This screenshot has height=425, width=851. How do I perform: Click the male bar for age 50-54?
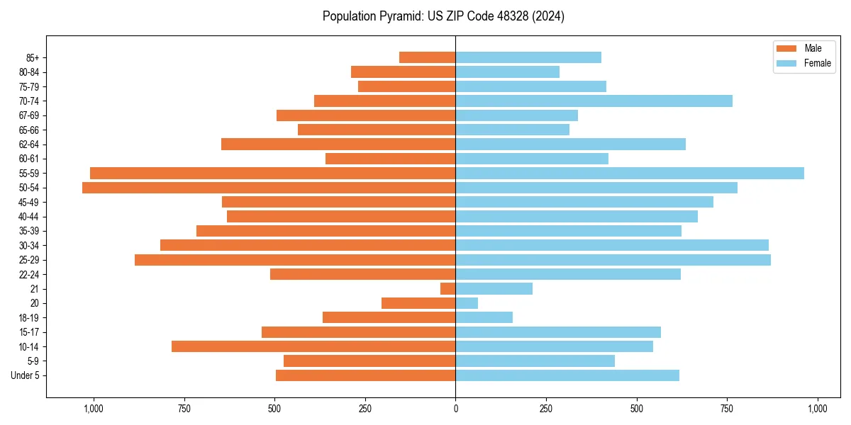click(269, 188)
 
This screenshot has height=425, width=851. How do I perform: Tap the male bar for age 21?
click(448, 289)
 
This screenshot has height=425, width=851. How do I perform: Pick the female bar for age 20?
click(467, 303)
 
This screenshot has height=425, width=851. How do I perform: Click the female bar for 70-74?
click(594, 101)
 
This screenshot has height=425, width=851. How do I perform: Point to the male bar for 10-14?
click(313, 346)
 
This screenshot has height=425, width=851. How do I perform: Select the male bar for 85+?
click(428, 57)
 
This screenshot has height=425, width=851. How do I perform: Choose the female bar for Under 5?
click(567, 375)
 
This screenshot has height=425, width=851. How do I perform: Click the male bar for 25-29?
click(295, 260)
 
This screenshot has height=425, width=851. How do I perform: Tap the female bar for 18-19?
click(484, 317)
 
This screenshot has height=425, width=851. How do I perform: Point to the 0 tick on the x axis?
click(455, 409)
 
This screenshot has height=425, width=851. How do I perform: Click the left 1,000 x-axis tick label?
click(93, 409)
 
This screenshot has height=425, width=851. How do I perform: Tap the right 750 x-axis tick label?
click(727, 409)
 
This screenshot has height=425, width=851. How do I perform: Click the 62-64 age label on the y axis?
click(29, 144)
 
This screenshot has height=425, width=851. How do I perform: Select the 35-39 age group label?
click(29, 231)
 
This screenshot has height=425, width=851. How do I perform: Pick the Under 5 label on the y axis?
click(25, 375)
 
